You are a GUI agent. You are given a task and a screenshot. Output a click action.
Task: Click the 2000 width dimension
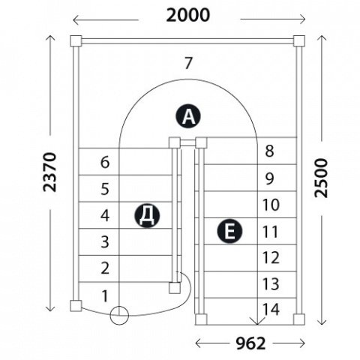188,15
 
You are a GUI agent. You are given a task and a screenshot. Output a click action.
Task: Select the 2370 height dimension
49,172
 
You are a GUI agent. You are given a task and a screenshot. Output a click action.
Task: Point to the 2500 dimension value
321,178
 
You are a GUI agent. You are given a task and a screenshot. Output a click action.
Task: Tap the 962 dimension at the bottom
250,343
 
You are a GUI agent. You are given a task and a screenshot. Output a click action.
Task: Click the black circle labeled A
188,116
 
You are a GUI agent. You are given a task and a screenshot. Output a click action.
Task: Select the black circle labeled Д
147,215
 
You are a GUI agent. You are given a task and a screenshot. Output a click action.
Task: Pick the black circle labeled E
229,230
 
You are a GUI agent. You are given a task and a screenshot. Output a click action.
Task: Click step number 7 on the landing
188,63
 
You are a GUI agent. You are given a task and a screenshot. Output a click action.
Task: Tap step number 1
105,296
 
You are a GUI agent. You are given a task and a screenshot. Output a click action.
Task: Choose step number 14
271,310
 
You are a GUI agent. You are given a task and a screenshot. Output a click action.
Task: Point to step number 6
105,162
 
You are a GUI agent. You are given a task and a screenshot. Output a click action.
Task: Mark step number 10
271,205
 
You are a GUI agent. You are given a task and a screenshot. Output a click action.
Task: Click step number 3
105,241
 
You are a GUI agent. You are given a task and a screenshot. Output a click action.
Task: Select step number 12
271,258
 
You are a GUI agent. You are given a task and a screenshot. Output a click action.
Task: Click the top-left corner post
76,41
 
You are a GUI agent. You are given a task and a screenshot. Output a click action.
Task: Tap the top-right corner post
299,41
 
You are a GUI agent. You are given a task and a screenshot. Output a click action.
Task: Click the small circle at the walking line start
119,315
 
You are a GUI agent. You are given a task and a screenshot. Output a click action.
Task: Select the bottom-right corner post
299,319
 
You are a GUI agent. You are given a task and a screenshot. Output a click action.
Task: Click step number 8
269,151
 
